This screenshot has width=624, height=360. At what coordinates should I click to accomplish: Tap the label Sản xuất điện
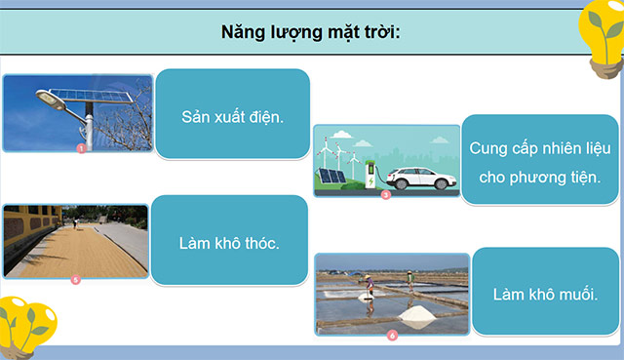point(232,117)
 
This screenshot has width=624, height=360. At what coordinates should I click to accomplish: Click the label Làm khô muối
point(544,294)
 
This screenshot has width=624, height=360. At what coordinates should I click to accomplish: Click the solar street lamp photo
point(78,111)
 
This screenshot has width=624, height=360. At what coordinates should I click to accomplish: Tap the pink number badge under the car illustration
point(385,195)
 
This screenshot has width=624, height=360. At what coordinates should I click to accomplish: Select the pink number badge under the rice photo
point(76,280)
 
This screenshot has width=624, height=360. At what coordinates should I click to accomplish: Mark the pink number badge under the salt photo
point(392,336)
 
